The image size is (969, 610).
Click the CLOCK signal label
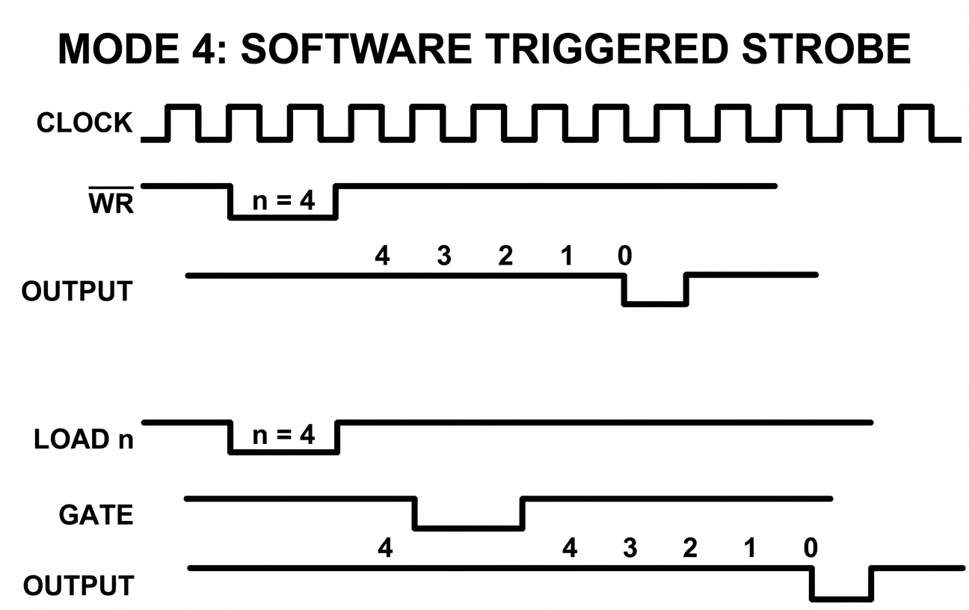84,123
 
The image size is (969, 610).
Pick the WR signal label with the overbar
111,202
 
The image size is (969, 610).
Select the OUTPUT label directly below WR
77,291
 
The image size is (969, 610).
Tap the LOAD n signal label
84,439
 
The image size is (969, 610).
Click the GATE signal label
96,514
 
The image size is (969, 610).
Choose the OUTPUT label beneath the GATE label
78,585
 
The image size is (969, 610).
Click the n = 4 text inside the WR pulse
283,202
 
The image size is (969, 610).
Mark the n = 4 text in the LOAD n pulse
283,435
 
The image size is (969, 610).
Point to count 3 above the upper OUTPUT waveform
444,256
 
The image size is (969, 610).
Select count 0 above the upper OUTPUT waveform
624,256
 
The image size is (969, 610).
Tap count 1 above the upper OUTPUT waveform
567,256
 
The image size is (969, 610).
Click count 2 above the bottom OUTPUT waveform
689,549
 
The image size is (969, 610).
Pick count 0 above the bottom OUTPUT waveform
810,549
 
